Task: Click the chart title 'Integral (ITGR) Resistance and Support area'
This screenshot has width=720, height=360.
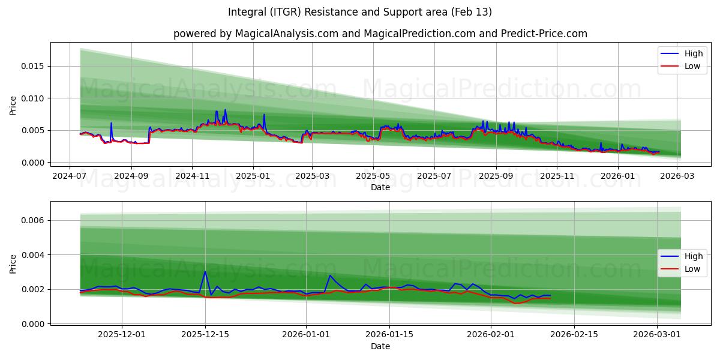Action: point(360,12)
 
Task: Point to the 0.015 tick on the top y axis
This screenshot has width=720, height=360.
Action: point(32,66)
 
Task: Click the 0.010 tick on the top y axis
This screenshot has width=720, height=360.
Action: point(32,98)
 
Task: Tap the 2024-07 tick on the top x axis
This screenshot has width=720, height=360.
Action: point(70,176)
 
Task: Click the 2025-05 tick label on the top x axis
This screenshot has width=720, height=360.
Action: point(373,176)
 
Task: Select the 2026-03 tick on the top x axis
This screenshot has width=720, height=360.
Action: point(677,176)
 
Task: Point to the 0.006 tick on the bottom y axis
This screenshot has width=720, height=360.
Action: point(32,221)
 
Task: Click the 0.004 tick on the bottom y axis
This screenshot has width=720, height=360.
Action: point(32,255)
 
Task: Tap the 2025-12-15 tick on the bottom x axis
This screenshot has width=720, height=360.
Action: point(205,334)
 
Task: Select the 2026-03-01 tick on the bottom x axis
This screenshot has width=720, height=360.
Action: point(658,334)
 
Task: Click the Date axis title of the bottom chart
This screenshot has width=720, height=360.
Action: point(380,346)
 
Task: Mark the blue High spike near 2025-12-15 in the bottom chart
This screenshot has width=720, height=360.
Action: point(205,272)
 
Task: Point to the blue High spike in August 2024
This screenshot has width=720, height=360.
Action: point(111,124)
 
